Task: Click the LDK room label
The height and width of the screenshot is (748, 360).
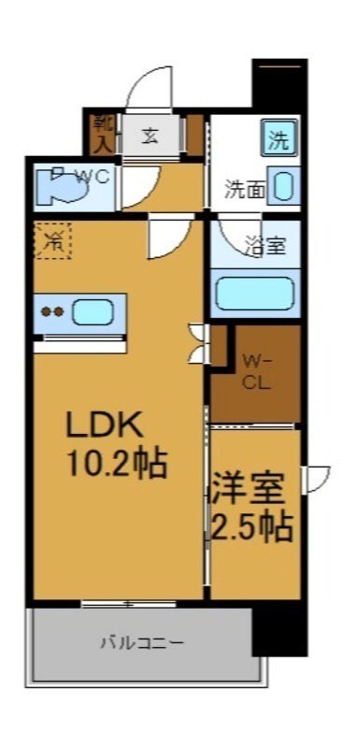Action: pos(104,425)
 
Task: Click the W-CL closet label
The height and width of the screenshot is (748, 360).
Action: pos(257,370)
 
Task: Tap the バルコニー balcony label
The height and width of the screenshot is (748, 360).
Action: pos(142,643)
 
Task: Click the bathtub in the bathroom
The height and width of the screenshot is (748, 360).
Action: pos(255,293)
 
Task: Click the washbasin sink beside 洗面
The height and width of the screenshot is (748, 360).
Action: pos(285,184)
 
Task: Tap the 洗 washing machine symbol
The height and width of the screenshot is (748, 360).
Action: pos(280,140)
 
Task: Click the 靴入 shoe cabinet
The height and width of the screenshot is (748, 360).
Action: pos(101,133)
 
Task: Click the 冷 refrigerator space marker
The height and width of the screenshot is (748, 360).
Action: pos(52,242)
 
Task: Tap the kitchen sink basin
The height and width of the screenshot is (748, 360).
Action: pos(93,312)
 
